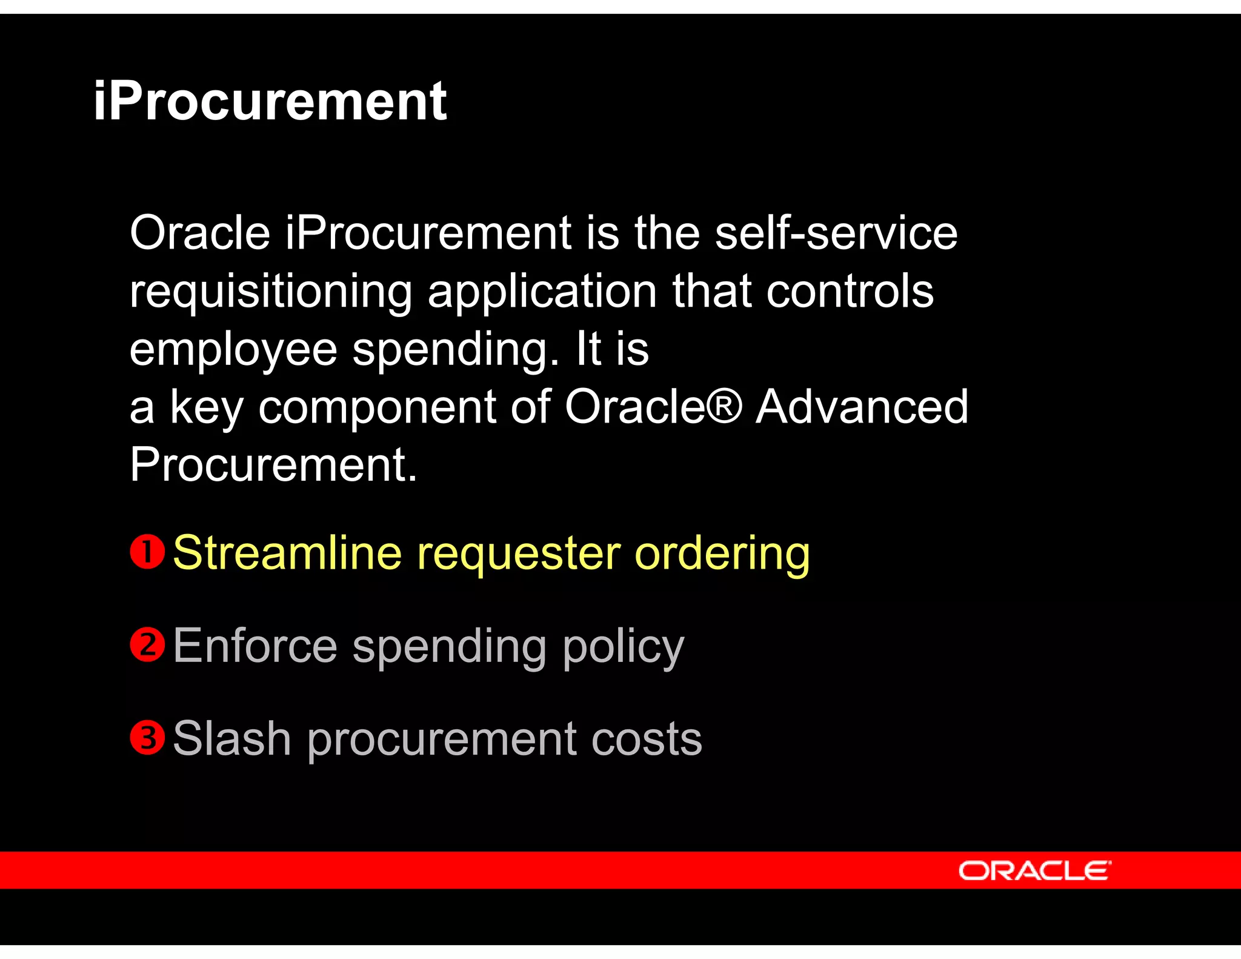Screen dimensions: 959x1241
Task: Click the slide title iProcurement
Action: [270, 101]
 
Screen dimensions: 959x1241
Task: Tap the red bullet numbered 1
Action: [147, 552]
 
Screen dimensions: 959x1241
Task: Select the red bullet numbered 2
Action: [147, 644]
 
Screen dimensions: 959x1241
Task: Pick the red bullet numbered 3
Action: [147, 738]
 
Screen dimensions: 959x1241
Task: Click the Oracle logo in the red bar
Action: [1034, 870]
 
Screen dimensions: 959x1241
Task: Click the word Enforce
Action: [255, 646]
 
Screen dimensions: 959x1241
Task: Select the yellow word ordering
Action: [722, 553]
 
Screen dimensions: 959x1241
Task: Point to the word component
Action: [377, 407]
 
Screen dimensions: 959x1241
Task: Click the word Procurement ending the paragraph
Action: [273, 464]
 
